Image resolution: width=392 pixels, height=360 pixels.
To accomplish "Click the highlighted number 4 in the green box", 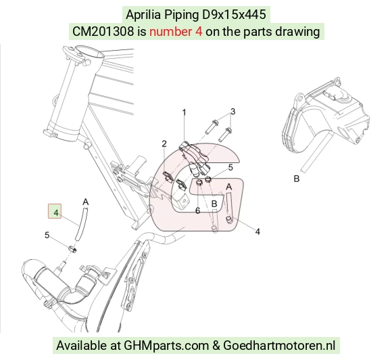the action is (55, 212).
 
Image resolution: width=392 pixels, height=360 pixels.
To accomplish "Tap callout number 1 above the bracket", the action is (185, 112).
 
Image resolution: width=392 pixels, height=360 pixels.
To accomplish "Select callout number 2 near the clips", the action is (164, 143).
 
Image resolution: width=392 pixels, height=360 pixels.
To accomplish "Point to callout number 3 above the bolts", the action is (232, 112).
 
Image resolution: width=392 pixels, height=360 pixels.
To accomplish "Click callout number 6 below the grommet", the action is (197, 211).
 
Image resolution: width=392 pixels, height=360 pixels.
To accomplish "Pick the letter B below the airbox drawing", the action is (296, 179).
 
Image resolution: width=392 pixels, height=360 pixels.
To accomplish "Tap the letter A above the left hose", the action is (86, 202).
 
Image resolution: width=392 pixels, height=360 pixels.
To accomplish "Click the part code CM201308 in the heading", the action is (103, 32).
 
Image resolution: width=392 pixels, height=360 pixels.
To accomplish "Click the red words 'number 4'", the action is (176, 32).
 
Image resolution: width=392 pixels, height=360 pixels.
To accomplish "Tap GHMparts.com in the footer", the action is (166, 346).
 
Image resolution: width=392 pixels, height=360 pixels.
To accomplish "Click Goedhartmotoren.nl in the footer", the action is (279, 346).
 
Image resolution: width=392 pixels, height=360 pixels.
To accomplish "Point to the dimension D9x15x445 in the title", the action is (234, 14).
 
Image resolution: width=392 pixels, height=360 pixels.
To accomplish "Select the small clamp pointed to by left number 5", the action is (72, 249).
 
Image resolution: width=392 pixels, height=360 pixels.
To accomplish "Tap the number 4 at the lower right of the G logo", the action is (258, 231).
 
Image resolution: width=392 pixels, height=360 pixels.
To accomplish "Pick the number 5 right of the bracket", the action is (230, 168).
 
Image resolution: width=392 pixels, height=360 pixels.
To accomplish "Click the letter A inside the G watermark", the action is (228, 187).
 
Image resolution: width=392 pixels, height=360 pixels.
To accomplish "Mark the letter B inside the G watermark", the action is (214, 204).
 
